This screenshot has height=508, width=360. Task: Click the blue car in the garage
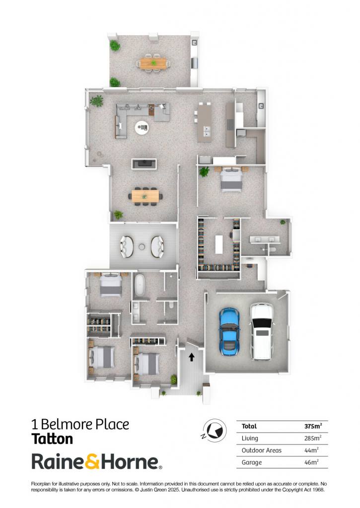click(x=229, y=331)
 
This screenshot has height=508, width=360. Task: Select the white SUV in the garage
click(x=261, y=331)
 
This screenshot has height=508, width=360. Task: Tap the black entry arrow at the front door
click(x=191, y=357)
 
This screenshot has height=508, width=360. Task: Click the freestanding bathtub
click(x=140, y=285)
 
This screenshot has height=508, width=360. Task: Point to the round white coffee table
click(x=142, y=127)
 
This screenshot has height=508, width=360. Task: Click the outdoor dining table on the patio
click(x=153, y=63)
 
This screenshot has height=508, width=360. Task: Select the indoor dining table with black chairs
click(x=145, y=196)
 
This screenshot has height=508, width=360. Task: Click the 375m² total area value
click(x=313, y=426)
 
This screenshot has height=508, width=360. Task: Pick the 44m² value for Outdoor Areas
click(x=311, y=450)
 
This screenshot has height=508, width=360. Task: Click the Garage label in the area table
click(x=252, y=463)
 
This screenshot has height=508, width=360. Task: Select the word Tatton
click(x=52, y=439)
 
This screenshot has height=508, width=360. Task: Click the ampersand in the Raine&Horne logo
click(x=92, y=462)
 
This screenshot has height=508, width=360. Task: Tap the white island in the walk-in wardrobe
click(x=219, y=244)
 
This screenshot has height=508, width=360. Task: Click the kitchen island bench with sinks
click(x=205, y=123)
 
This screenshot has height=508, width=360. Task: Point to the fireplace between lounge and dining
click(x=144, y=164)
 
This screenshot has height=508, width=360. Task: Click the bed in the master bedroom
click(x=231, y=179)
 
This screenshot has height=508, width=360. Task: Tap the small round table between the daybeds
click(x=142, y=247)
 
